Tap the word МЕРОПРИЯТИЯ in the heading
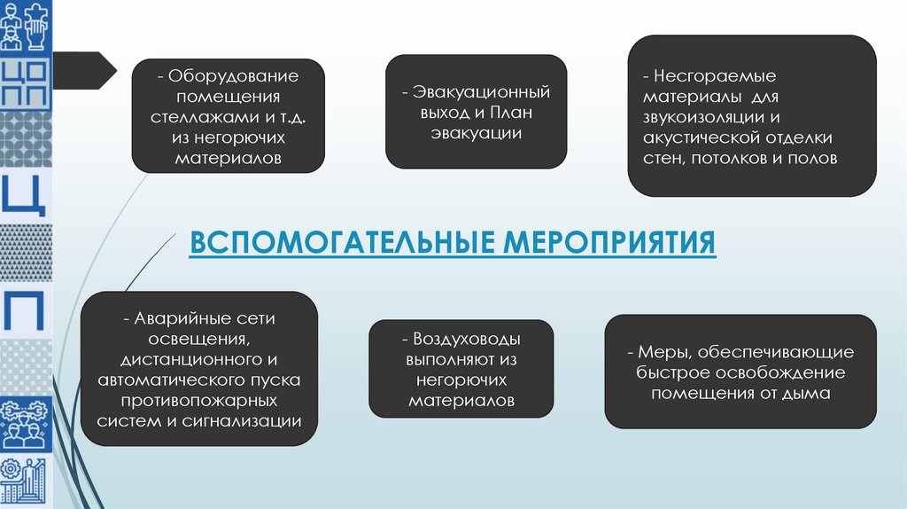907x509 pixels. (x=609, y=241)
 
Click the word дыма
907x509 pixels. (x=810, y=393)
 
